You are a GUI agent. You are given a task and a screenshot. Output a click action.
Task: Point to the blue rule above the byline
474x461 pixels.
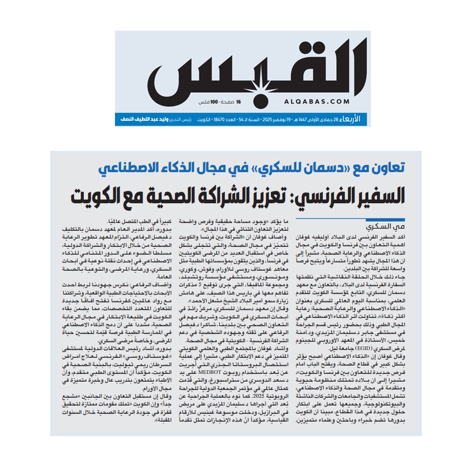pos(372,220)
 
